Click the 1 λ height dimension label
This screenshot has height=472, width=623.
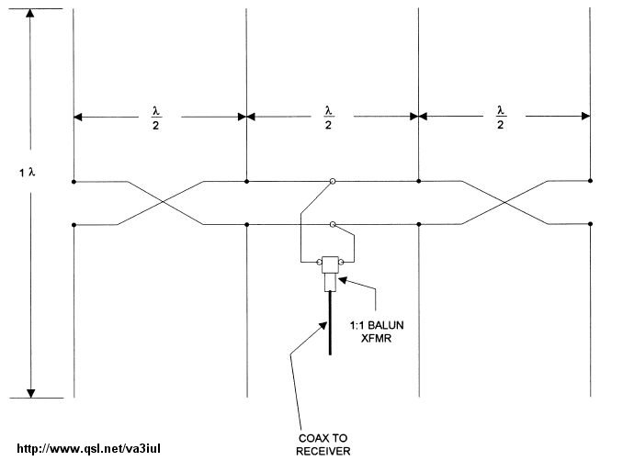[x=27, y=172]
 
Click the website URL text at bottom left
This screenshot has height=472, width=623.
[x=89, y=450]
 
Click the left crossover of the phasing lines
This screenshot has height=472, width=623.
[x=160, y=202]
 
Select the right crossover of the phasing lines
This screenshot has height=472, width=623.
[x=504, y=202]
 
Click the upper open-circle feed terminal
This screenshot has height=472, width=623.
[x=333, y=182]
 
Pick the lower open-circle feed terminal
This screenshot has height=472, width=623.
[x=333, y=223]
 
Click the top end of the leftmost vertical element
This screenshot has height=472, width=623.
[x=74, y=10]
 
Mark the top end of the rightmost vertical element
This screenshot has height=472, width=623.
[x=590, y=10]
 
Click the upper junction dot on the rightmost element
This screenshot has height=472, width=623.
[x=590, y=182]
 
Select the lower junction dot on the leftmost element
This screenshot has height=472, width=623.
[x=74, y=223]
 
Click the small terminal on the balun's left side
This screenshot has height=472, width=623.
[x=316, y=264]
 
